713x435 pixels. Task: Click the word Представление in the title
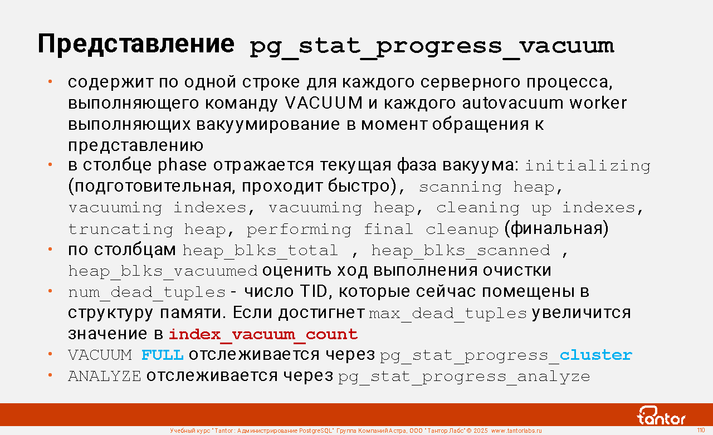136,45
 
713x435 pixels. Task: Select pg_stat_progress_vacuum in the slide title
432,47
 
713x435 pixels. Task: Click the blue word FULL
162,355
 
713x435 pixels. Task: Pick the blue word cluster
596,355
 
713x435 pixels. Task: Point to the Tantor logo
661,416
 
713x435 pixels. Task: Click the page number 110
701,430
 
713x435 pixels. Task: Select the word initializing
588,166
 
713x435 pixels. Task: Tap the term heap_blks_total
260,251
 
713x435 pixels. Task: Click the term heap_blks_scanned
461,251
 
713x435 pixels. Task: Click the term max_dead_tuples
448,314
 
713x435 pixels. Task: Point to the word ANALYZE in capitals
104,377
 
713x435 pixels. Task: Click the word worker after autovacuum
598,103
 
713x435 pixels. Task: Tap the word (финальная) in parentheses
556,228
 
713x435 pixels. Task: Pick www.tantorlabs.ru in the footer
516,431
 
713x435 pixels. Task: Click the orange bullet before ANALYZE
50,375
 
